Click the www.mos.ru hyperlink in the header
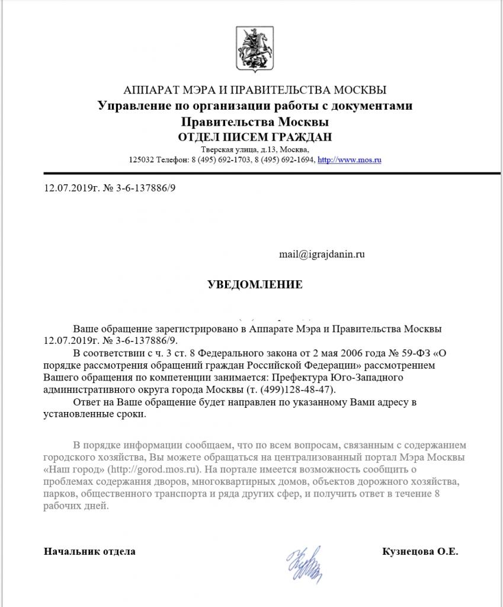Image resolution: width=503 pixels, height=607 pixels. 349,160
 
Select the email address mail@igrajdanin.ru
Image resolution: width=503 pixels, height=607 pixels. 322,254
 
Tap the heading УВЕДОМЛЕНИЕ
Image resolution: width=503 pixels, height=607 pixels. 255,285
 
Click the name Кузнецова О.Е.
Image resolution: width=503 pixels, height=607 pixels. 421,551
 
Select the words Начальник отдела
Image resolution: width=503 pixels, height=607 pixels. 89,551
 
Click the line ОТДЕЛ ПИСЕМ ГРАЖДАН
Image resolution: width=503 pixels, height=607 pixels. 255,137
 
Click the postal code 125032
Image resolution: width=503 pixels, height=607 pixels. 142,160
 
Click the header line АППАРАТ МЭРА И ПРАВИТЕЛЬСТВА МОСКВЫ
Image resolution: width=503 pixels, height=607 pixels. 255,90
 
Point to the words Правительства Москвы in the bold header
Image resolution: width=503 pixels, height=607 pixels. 255,122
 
